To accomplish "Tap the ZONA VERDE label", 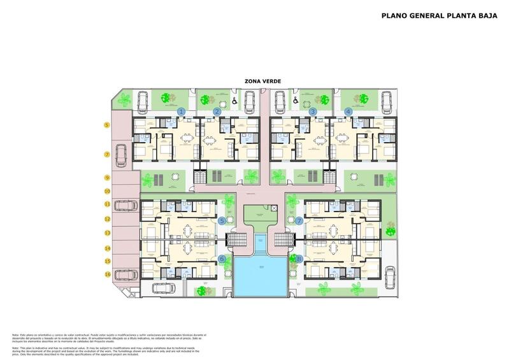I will [262, 81].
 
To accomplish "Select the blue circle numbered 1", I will [181, 112].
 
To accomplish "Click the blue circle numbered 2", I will [217, 112].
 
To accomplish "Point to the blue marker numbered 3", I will [313, 112].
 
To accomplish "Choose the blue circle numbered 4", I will [348, 112].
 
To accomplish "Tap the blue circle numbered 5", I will [222, 221].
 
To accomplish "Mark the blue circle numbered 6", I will [222, 259].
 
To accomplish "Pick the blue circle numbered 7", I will [299, 221].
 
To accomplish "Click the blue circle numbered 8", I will [299, 259].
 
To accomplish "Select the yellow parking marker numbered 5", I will [107, 126].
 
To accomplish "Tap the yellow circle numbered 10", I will [107, 191].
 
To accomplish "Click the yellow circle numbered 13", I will [107, 233].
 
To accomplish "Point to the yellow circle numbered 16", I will [107, 275].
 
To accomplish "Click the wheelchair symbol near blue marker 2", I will [234, 101].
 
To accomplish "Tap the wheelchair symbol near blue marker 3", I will [296, 101].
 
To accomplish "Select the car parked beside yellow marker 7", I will [120, 153].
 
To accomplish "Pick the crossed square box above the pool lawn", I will [273, 208].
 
